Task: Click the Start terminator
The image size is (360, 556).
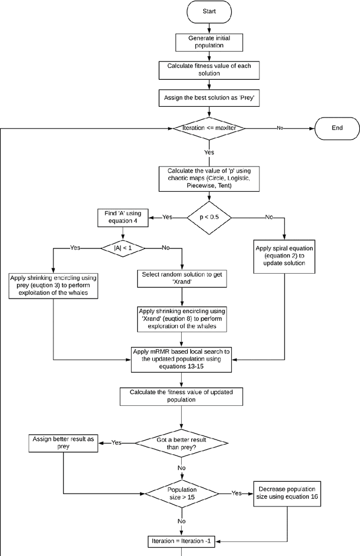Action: coord(209,11)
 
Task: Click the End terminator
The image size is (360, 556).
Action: coord(337,128)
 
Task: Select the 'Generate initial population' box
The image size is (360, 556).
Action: coord(209,42)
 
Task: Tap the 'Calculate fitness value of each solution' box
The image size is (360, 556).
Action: coord(209,70)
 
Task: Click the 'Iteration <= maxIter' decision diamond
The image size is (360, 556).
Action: coord(209,128)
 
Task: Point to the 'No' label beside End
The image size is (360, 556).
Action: coord(280,128)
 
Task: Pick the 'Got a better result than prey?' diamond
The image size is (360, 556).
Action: coord(182,443)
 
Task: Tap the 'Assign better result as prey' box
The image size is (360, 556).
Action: coord(63,443)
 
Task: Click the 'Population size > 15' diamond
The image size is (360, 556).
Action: coord(182,493)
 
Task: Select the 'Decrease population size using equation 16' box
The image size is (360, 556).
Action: coord(287,493)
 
